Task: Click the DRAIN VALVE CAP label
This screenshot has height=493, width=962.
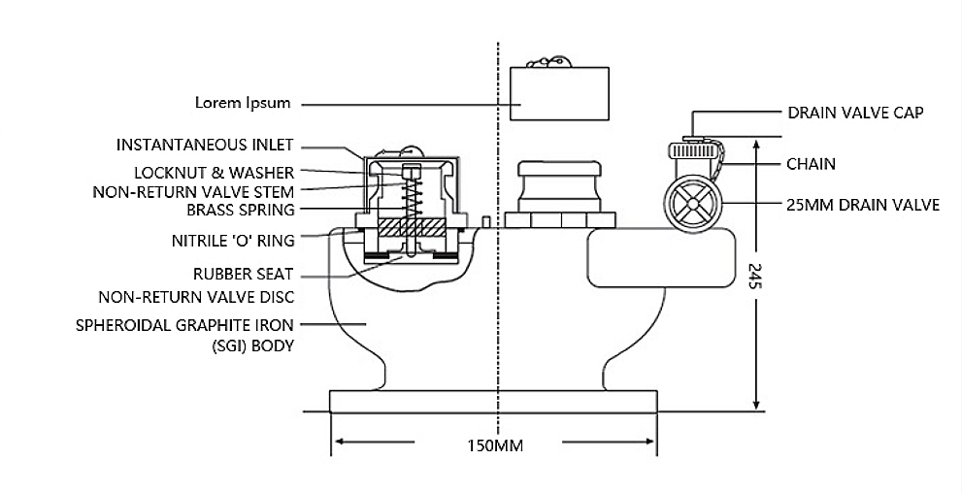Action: tap(855, 113)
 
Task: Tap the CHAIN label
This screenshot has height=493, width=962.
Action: tap(812, 164)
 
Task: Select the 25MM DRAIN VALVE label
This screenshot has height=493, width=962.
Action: tap(863, 205)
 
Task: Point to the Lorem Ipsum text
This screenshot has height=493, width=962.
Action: tap(243, 103)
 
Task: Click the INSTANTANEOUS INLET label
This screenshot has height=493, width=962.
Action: tap(205, 146)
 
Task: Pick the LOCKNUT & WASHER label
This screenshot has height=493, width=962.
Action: tap(215, 173)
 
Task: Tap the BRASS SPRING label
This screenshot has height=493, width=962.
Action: tap(241, 211)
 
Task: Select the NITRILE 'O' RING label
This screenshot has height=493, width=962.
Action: tap(233, 241)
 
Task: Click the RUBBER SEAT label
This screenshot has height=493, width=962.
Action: tap(243, 274)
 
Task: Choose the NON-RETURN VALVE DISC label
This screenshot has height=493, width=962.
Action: tap(196, 297)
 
